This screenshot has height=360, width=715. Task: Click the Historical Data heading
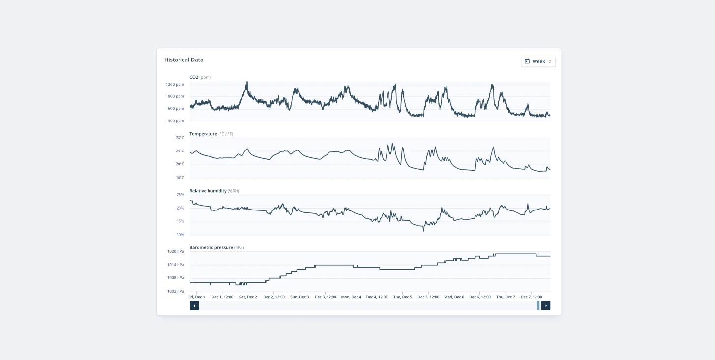point(183,60)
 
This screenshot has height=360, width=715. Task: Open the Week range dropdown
point(538,61)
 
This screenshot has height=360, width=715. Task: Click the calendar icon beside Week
point(527,61)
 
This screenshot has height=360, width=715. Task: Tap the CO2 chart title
point(194,77)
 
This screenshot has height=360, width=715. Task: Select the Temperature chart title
point(203,134)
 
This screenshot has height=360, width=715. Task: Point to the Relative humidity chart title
point(208,191)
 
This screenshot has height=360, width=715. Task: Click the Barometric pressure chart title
point(211,248)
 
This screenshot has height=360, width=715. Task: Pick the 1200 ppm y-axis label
point(176,84)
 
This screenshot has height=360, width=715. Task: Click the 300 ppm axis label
point(176,121)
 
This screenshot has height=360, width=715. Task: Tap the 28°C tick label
point(180,138)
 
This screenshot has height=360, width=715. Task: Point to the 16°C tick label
point(180,178)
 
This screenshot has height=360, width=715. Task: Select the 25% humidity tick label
point(180,195)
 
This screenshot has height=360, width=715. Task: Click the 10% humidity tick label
point(180,235)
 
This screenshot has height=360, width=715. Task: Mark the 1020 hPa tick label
point(176,251)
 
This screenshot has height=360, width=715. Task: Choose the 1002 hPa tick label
point(176,291)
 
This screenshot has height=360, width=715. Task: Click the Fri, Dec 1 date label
point(197,297)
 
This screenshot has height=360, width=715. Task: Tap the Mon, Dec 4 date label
point(351,297)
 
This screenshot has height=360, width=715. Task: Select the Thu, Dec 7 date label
point(506,297)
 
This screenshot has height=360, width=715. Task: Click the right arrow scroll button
point(546,306)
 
